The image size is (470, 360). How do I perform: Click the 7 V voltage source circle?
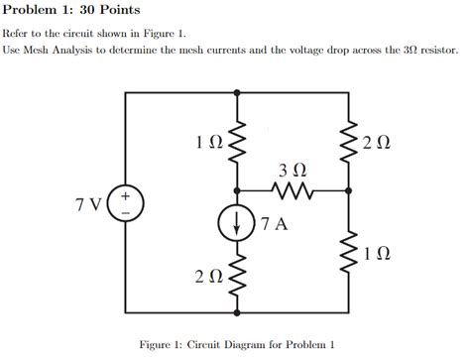(126, 205)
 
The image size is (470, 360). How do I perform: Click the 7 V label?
(88, 205)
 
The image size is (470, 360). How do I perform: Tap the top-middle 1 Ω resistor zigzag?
(236, 143)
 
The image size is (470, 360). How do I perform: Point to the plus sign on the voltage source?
(126, 196)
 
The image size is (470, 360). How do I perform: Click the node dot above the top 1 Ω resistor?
(236, 91)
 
